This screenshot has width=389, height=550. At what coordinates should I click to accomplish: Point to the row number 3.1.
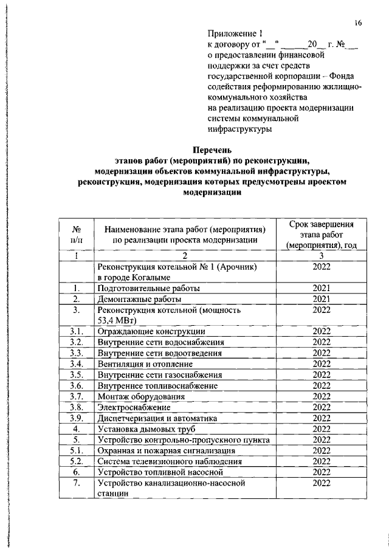click(x=77, y=332)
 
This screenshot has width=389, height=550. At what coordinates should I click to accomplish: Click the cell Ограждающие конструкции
click(x=151, y=332)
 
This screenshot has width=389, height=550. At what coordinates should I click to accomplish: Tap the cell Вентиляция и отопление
click(x=146, y=364)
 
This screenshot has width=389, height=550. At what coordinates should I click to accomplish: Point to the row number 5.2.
click(x=77, y=461)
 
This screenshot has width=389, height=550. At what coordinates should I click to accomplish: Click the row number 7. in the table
click(x=77, y=483)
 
